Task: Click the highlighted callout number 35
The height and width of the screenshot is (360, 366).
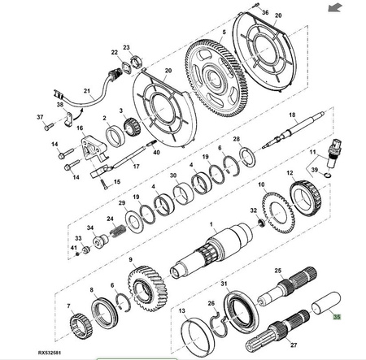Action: click(337, 316)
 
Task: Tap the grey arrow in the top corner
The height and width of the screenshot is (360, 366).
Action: click(335, 7)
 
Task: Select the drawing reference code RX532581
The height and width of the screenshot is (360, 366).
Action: click(50, 353)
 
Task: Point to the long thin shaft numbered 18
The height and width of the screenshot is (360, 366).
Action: click(294, 129)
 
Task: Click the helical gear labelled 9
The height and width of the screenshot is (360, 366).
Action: click(147, 288)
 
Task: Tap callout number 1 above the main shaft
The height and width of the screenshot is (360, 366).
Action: click(211, 224)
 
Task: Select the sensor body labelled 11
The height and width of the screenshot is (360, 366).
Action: click(334, 154)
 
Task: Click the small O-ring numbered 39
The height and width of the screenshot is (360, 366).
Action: click(327, 175)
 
